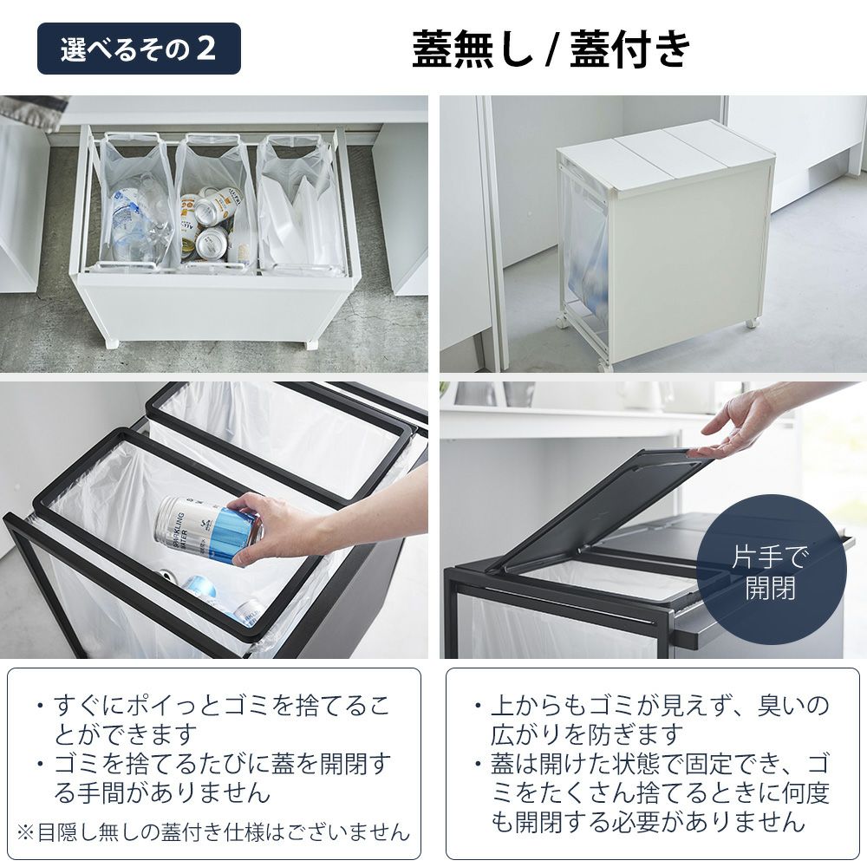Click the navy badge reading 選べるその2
139,49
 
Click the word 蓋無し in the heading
473,49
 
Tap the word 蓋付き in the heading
630,49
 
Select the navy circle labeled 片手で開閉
771,571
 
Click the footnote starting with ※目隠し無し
213,831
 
